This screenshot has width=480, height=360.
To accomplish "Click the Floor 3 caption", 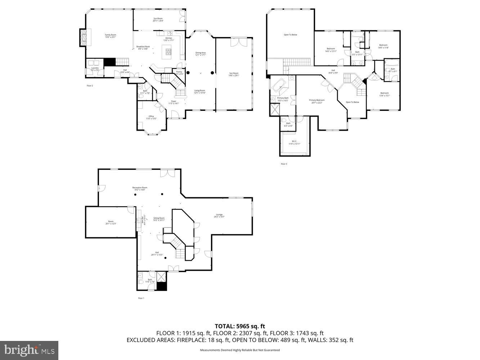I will coord(284,164).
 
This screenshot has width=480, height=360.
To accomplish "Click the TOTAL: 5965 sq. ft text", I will coord(240,327).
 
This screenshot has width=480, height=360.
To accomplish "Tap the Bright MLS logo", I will coord(30,350).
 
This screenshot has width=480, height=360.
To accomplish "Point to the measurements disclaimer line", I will coord(240,350).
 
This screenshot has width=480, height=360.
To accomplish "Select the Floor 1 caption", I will coord(141,298).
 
